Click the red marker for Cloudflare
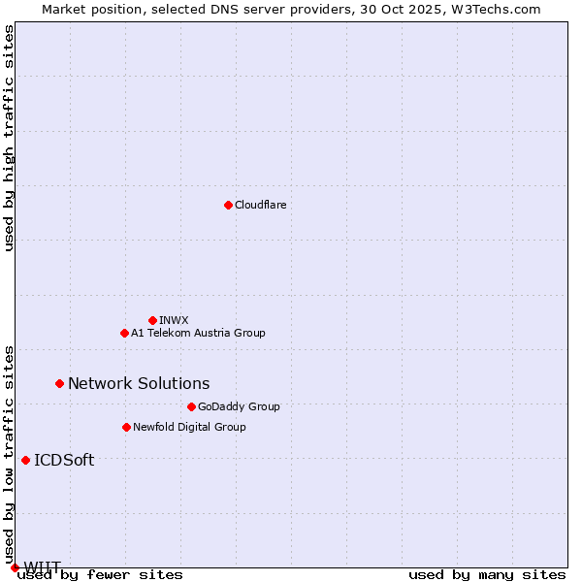click(x=228, y=205)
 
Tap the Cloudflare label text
click(x=260, y=205)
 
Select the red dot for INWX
click(x=152, y=320)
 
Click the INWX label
click(x=174, y=320)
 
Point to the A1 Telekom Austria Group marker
click(x=124, y=333)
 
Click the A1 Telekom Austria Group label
click(x=198, y=333)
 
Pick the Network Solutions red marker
click(x=59, y=383)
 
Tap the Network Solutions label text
click(x=139, y=383)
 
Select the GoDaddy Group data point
click(x=191, y=406)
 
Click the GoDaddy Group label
click(x=239, y=406)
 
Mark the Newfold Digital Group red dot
click(x=126, y=427)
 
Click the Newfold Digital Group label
click(x=189, y=427)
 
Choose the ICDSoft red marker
click(x=25, y=460)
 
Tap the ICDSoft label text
click(x=64, y=460)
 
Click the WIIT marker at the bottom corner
click(x=15, y=567)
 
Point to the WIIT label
click(x=43, y=566)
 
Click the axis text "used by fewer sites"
click(x=100, y=575)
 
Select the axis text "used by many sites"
click(x=487, y=575)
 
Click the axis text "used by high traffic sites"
click(x=10, y=138)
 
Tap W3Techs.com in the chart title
click(x=492, y=9)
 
